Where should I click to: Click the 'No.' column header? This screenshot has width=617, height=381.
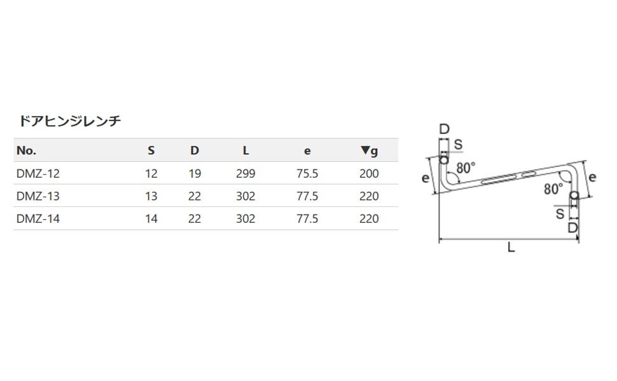27,150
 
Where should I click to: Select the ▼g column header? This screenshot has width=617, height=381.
369,150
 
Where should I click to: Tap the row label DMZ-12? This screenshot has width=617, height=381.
38,173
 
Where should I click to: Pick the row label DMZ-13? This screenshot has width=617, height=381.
38,196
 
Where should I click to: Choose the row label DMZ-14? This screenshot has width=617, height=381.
38,218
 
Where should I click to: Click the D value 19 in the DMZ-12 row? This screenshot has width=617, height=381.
195,173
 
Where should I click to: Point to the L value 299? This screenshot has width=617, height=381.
246,173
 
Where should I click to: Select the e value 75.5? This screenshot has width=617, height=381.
307,173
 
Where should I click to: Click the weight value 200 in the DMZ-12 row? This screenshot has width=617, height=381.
369,173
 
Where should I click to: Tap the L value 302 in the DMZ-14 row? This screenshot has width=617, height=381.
246,218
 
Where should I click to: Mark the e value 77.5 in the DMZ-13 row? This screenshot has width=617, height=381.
307,196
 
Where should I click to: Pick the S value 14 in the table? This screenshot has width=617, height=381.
151,218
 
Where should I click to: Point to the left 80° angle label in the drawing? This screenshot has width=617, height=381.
466,168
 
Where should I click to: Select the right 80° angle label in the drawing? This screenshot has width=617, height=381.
553,189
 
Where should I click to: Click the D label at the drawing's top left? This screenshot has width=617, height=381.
444,130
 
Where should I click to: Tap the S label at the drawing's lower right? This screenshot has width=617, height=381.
560,214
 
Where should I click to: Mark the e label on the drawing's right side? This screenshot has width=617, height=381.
592,178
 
